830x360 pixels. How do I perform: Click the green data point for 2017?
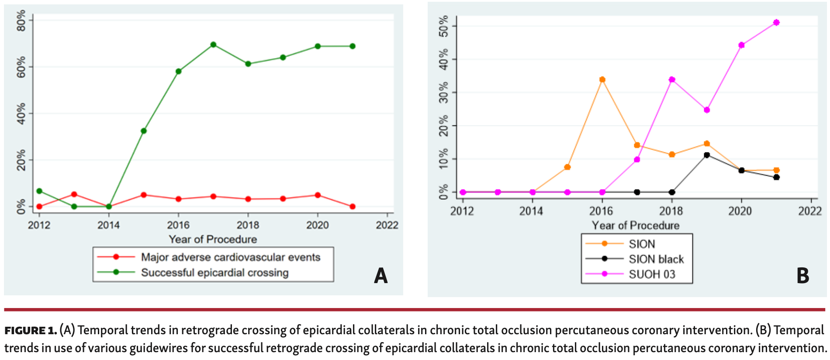click(x=213, y=45)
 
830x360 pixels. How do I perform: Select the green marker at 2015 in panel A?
click(x=144, y=131)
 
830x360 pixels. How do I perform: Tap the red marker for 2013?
click(x=74, y=194)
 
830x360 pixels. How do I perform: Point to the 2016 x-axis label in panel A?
click(x=178, y=225)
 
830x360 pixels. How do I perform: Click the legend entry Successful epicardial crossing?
click(x=214, y=273)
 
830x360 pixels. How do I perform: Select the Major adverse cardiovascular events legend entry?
click(x=230, y=257)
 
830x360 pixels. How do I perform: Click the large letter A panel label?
click(x=380, y=276)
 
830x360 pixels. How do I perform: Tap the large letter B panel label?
click(x=802, y=276)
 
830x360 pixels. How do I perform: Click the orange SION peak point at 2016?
click(x=602, y=80)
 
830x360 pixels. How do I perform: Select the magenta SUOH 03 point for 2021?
click(x=776, y=22)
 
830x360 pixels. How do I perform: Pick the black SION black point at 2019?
click(x=707, y=155)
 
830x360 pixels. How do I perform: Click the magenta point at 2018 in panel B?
click(x=672, y=80)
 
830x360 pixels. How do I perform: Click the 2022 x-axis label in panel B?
click(x=810, y=211)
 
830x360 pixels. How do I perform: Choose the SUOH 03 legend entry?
click(x=652, y=274)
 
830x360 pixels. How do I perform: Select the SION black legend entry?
click(x=656, y=259)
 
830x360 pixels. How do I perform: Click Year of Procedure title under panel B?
click(x=636, y=225)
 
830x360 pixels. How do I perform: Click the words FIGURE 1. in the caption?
click(x=31, y=331)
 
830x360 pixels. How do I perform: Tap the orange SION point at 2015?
click(x=567, y=167)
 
